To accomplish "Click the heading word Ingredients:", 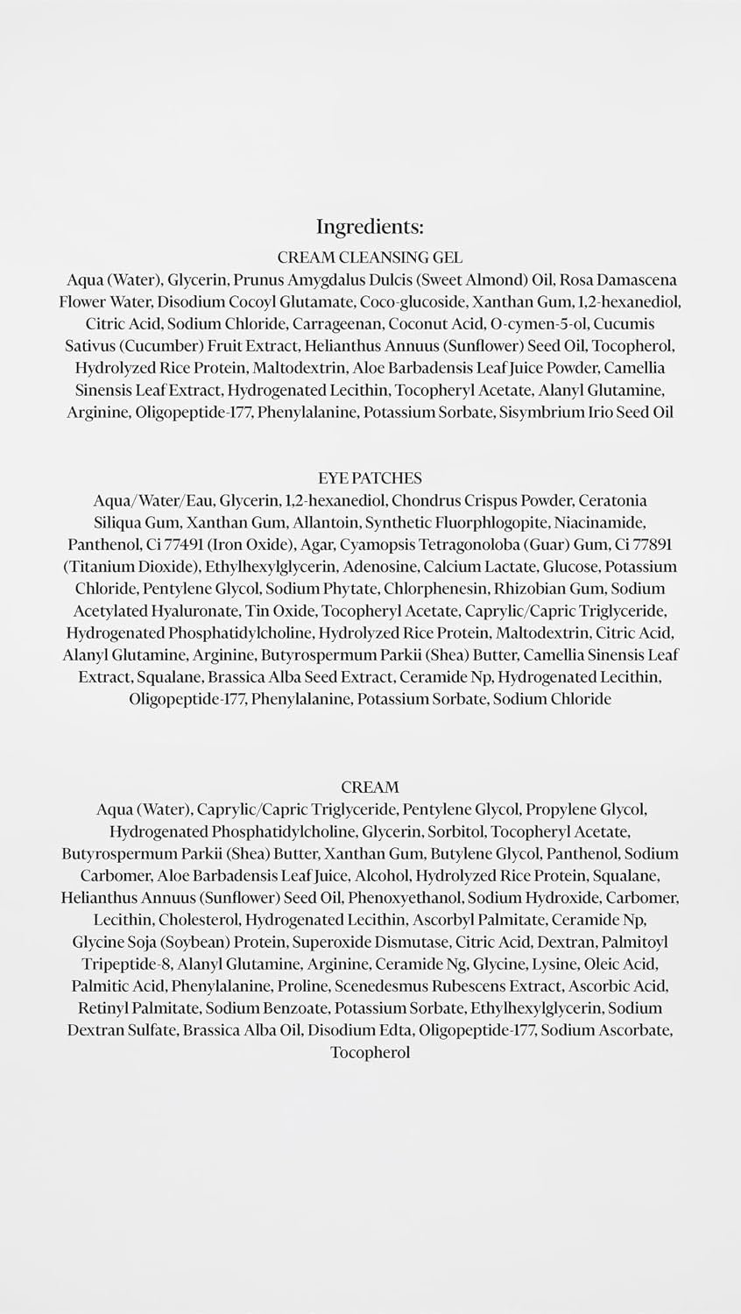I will tap(370, 227).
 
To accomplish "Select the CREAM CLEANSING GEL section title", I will tap(370, 258).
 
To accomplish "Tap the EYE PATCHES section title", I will tap(370, 478).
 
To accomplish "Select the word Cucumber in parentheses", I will tap(151, 346).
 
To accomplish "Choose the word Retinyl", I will tap(102, 1008).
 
